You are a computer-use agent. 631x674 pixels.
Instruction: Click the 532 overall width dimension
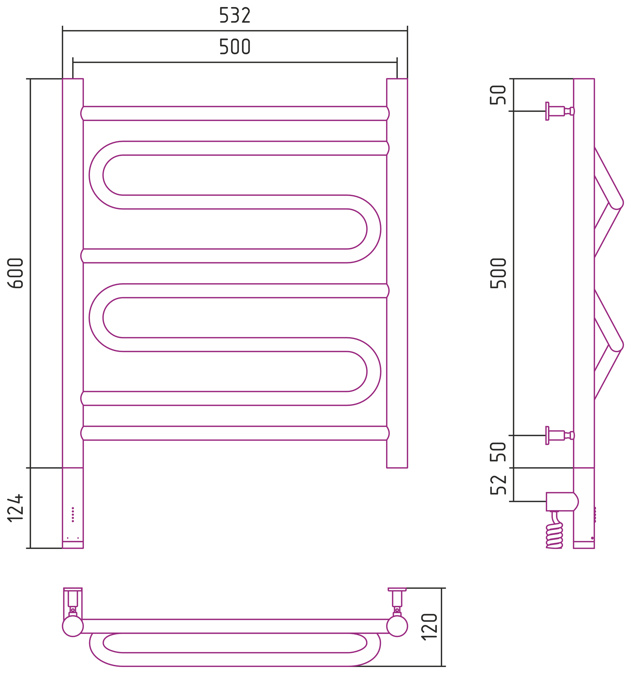tap(234, 15)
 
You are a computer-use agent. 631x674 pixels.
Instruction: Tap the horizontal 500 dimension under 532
tap(234, 47)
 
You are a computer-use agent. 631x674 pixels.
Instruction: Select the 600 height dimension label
tap(15, 273)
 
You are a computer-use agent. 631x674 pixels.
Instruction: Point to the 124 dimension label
tap(15, 508)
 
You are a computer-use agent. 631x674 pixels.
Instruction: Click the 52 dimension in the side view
tap(498, 485)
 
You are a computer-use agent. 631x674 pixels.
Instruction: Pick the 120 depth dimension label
tap(430, 627)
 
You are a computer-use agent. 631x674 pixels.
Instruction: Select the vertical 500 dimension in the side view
tap(498, 273)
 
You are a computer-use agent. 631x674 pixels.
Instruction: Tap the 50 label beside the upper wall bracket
tap(498, 95)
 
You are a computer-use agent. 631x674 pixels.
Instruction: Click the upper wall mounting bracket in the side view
tap(560, 111)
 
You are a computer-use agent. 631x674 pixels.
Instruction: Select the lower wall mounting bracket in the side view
tap(560, 436)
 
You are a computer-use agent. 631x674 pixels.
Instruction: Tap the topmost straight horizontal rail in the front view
tap(235, 113)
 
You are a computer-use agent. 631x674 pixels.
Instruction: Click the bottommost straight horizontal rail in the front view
tap(235, 433)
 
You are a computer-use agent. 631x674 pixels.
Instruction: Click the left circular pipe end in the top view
tap(73, 626)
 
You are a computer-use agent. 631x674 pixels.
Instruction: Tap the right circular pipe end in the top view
tap(397, 626)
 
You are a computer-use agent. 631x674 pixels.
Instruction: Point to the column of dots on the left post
tap(73, 515)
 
